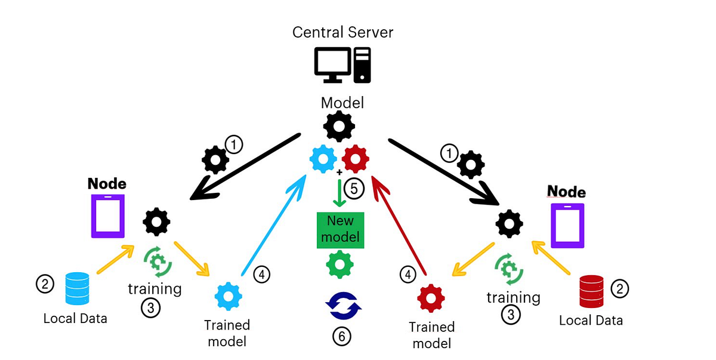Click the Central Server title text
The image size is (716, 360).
pos(342,32)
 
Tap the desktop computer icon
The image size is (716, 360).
pos(342,64)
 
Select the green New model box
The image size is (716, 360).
pos(340,229)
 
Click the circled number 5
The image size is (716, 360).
pos(353,189)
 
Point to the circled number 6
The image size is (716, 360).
pos(341,336)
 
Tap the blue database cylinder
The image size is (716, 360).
pos(77,288)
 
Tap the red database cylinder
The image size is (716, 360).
pos(592,291)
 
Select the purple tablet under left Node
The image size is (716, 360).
pos(107,216)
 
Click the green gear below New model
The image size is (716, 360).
pos(340,264)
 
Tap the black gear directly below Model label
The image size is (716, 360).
pos(339,126)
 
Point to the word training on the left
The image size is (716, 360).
pos(155,289)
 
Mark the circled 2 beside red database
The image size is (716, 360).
pos(621,289)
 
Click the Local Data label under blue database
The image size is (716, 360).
pos(75,318)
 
